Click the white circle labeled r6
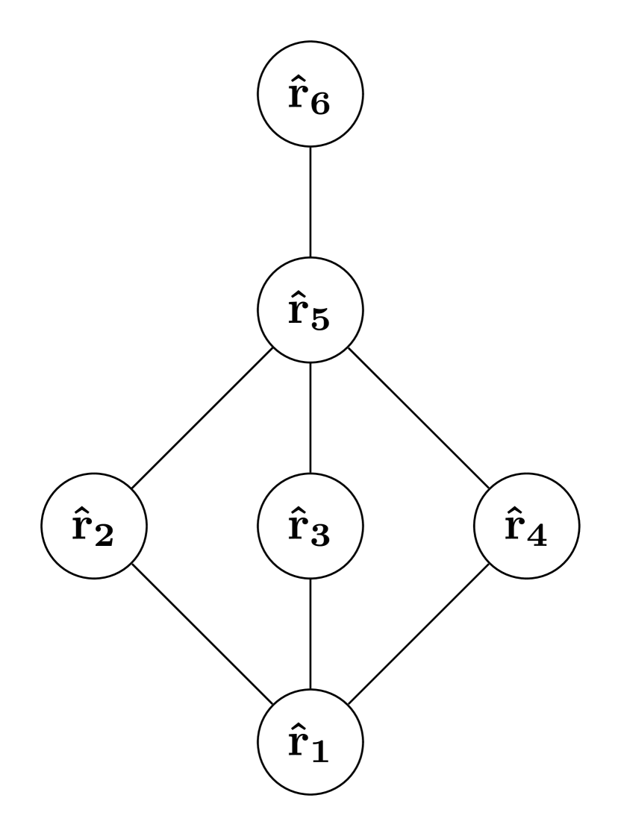[x=310, y=95]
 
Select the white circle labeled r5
[x=310, y=310]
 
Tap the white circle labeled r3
[x=310, y=526]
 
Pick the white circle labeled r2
[x=94, y=526]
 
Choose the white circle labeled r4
[x=527, y=526]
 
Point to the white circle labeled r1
[x=310, y=741]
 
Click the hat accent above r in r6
[x=297, y=77]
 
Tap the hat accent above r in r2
[x=81, y=508]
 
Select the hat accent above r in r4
[x=514, y=508]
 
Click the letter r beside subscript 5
[x=297, y=314]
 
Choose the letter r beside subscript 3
[x=297, y=529]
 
